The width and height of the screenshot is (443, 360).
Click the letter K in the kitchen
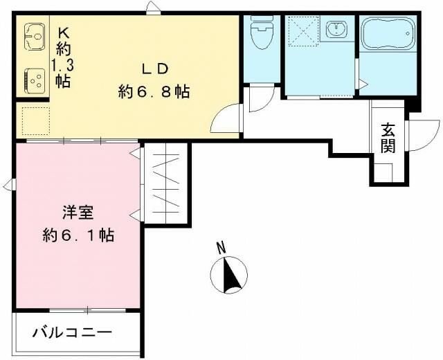[63, 31]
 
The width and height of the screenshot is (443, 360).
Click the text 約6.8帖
[154, 91]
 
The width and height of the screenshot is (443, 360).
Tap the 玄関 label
[388, 138]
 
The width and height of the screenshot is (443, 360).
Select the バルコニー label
[72, 332]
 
